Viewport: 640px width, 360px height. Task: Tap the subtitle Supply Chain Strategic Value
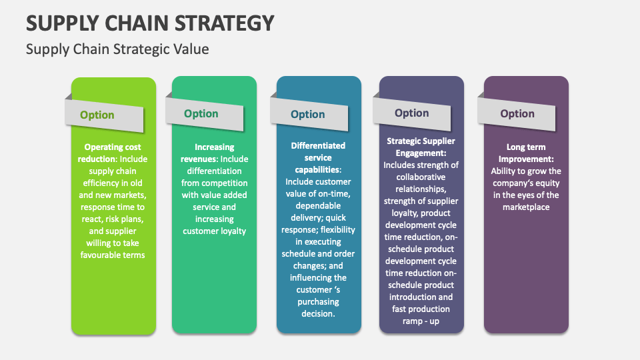pyautogui.click(x=117, y=49)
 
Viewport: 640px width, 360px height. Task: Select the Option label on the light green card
pyautogui.click(x=97, y=115)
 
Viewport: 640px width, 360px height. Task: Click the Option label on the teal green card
pyautogui.click(x=201, y=113)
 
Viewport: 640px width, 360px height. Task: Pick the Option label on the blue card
pyautogui.click(x=307, y=114)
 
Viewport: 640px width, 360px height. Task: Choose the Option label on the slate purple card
pyautogui.click(x=411, y=113)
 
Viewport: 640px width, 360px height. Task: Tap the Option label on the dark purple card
pyautogui.click(x=517, y=113)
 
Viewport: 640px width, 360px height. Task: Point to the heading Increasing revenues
pyautogui.click(x=214, y=153)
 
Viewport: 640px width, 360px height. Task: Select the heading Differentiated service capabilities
pyautogui.click(x=318, y=157)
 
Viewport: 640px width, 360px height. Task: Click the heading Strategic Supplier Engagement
pyautogui.click(x=421, y=147)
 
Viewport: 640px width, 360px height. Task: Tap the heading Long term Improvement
pyautogui.click(x=526, y=153)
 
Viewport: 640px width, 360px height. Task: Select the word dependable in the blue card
pyautogui.click(x=317, y=205)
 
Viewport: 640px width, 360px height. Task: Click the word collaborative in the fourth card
pyautogui.click(x=421, y=177)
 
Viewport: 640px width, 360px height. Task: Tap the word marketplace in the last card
pyautogui.click(x=526, y=207)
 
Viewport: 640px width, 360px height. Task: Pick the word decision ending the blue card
pyautogui.click(x=319, y=313)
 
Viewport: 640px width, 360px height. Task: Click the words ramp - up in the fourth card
pyautogui.click(x=421, y=321)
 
